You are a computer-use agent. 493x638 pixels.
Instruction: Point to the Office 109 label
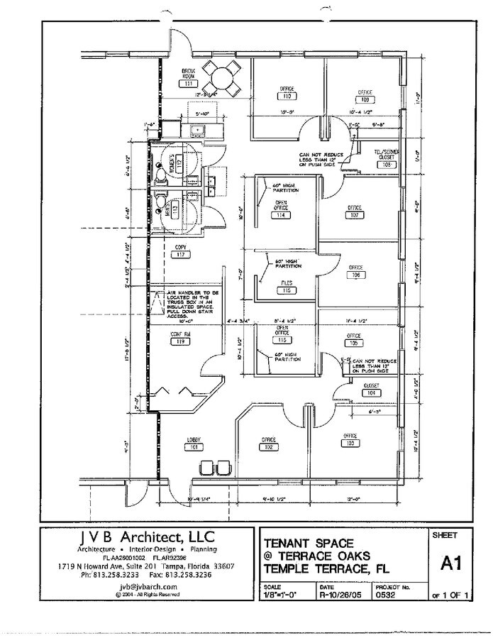pyautogui.click(x=365, y=96)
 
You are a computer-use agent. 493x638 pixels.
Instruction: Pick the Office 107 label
pyautogui.click(x=355, y=211)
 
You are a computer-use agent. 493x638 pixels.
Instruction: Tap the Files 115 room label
pyautogui.click(x=286, y=287)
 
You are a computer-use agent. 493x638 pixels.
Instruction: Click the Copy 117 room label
pyautogui.click(x=181, y=251)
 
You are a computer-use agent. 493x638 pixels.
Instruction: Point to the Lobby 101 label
pyautogui.click(x=194, y=444)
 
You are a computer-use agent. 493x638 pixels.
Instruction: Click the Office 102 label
pyautogui.click(x=268, y=444)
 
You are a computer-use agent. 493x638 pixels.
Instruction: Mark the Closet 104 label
pyautogui.click(x=370, y=389)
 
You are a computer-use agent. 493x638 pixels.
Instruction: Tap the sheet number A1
pyautogui.click(x=448, y=563)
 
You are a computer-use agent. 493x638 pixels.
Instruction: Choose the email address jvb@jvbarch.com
pyautogui.click(x=147, y=587)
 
